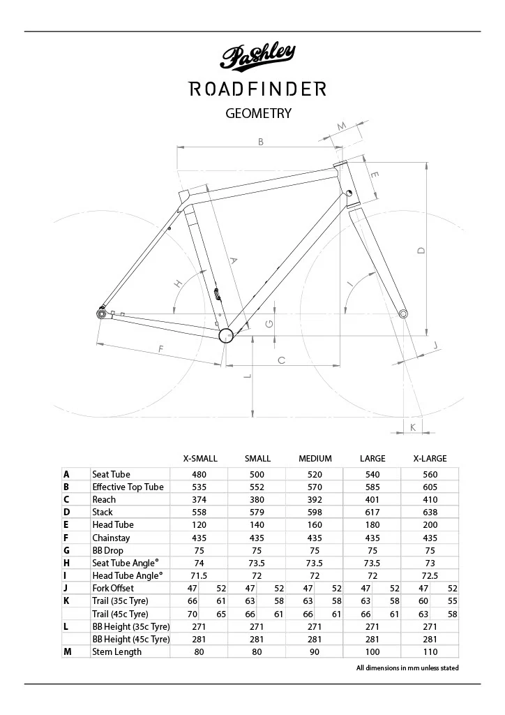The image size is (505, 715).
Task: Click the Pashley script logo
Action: click(258, 57)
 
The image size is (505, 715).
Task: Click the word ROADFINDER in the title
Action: click(258, 89)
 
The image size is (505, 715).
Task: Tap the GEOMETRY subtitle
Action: click(258, 113)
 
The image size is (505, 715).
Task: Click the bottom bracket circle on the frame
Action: click(225, 336)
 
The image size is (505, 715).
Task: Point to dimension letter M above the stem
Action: click(342, 126)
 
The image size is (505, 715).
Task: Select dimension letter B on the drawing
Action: click(260, 142)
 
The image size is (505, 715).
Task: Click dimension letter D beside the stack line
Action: click(421, 250)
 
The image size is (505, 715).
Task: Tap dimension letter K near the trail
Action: click(413, 427)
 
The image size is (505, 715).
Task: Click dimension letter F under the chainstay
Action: click(161, 348)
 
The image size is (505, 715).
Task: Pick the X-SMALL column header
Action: click(200, 459)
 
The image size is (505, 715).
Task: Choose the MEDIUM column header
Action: click(315, 459)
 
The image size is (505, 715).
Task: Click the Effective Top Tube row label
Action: click(128, 487)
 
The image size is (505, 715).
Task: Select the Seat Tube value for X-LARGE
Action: click(430, 474)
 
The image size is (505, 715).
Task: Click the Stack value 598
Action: click(315, 512)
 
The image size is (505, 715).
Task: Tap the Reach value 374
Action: click(200, 499)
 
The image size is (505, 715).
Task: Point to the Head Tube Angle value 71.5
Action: click(200, 575)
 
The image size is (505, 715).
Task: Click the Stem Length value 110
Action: click(430, 651)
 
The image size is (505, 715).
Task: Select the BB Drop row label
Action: click(107, 550)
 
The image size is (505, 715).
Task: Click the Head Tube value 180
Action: click(372, 524)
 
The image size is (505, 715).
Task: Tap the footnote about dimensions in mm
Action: click(407, 668)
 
